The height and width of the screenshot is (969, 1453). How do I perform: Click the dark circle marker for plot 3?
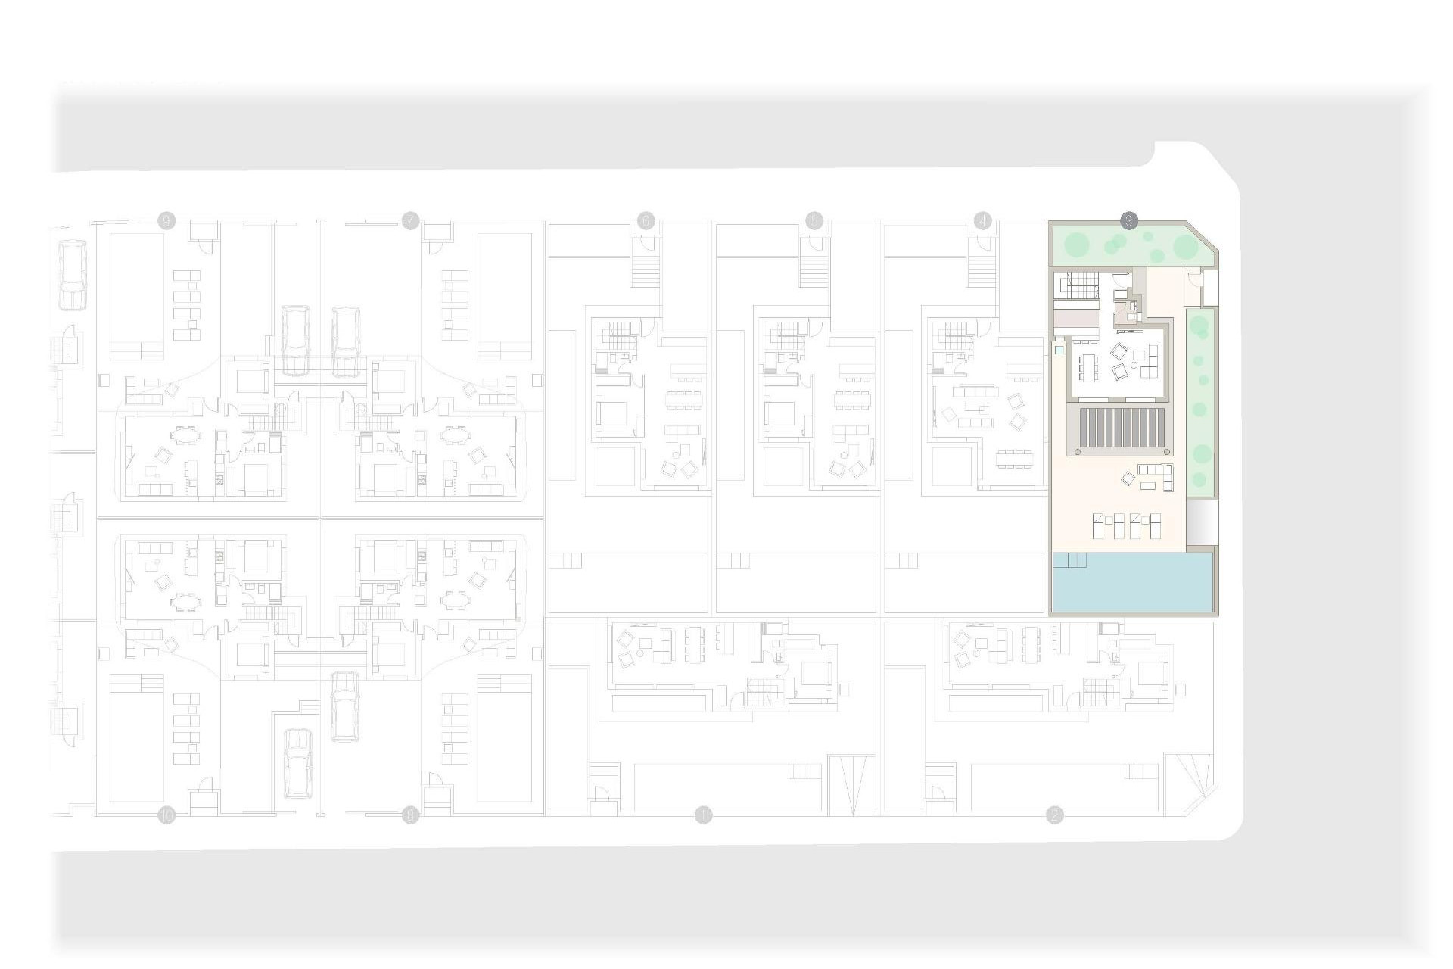pos(1128,221)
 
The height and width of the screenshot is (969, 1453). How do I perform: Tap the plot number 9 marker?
pos(166,221)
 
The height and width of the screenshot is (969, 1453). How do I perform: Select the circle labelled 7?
pos(410,221)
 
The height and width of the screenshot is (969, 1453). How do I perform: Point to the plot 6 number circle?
pos(646,221)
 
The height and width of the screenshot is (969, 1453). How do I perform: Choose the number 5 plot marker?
pos(814,221)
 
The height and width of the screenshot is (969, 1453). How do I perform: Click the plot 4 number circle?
pos(982,221)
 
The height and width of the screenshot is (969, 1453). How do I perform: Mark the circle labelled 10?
pos(166,815)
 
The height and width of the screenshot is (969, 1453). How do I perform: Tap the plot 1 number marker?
pos(704,815)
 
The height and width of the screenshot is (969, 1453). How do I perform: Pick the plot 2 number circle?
pos(1054,815)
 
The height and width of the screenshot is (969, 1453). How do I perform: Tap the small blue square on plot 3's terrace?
pos(1059,351)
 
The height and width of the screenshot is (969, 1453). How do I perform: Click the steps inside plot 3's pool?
pos(1070,559)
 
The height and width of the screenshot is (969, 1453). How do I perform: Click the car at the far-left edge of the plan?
pos(72,275)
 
